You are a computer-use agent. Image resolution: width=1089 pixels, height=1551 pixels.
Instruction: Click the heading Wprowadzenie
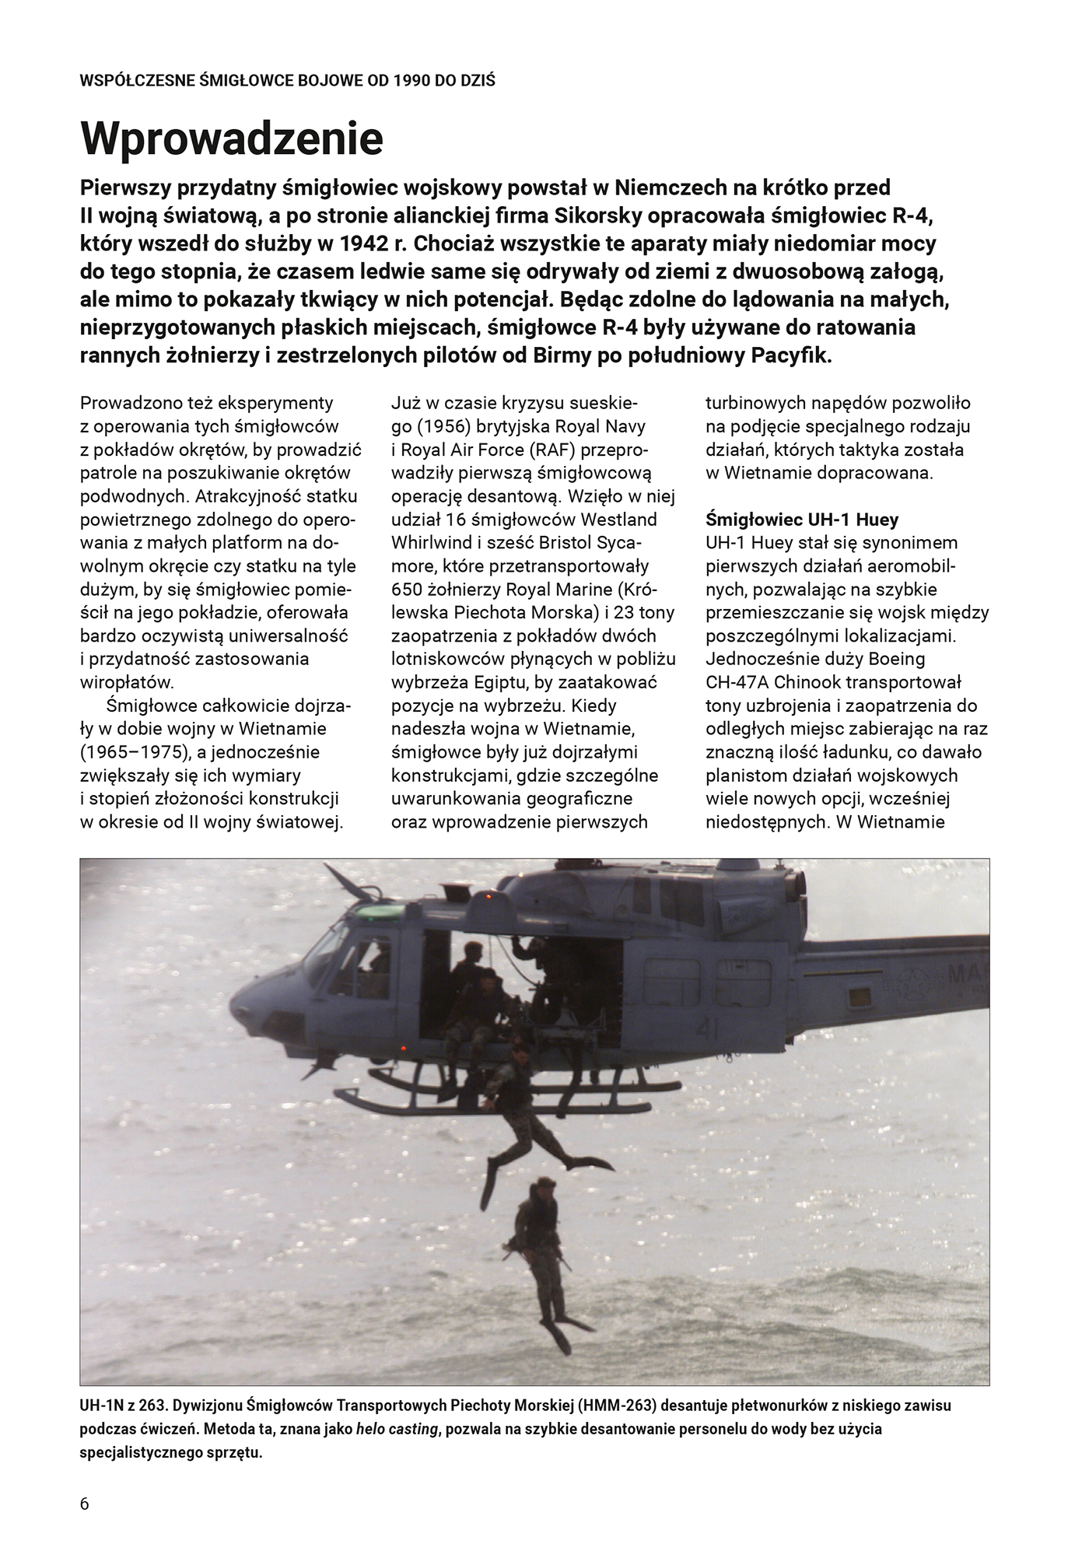point(232,138)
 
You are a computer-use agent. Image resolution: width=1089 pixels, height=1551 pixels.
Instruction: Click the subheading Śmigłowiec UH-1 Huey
point(802,520)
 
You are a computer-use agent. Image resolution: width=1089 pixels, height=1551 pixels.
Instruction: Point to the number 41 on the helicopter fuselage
point(707,1030)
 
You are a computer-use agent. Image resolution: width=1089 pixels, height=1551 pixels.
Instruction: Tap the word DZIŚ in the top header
point(479,80)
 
